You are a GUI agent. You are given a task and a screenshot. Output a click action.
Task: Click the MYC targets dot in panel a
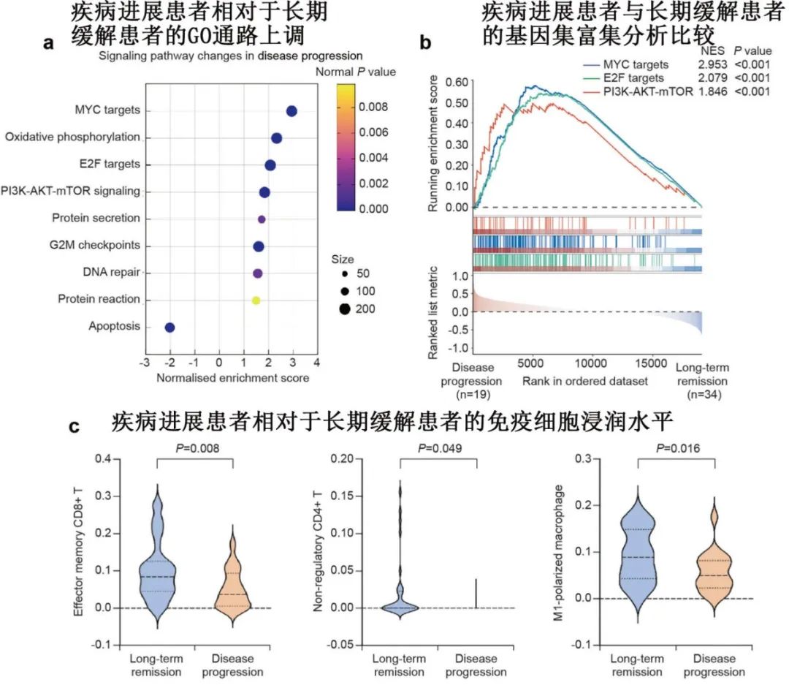pyautogui.click(x=291, y=111)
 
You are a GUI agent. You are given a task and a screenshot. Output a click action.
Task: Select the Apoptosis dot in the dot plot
pyautogui.click(x=169, y=328)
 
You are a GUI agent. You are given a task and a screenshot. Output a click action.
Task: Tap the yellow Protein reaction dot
pyautogui.click(x=256, y=300)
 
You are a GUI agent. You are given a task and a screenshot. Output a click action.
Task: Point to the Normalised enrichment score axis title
pyautogui.click(x=232, y=378)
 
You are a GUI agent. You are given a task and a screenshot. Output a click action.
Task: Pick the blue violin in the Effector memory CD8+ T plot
pyautogui.click(x=156, y=563)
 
